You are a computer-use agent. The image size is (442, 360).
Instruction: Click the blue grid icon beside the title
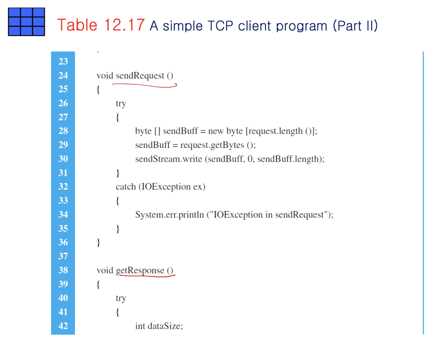click(26, 22)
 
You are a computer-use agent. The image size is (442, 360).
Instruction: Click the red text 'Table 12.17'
click(101, 25)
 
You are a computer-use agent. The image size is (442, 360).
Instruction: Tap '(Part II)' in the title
click(355, 26)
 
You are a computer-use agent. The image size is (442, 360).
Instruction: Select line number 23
click(63, 61)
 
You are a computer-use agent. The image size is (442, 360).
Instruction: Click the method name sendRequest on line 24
click(140, 75)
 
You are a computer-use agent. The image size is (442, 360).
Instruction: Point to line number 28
click(63, 131)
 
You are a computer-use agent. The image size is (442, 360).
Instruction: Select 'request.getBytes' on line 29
click(212, 145)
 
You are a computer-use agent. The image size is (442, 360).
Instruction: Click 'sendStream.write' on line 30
click(169, 159)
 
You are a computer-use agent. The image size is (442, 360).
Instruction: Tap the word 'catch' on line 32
click(126, 187)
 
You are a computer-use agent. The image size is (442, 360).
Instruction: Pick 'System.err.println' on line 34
click(169, 215)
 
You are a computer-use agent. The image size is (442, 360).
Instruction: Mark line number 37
click(63, 256)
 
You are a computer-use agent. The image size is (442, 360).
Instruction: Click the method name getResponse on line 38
click(140, 270)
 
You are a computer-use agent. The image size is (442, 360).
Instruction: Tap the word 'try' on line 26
click(121, 104)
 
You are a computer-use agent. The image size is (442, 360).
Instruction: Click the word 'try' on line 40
click(121, 298)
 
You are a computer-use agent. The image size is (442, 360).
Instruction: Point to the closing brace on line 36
click(98, 243)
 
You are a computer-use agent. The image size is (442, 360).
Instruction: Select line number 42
click(63, 326)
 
